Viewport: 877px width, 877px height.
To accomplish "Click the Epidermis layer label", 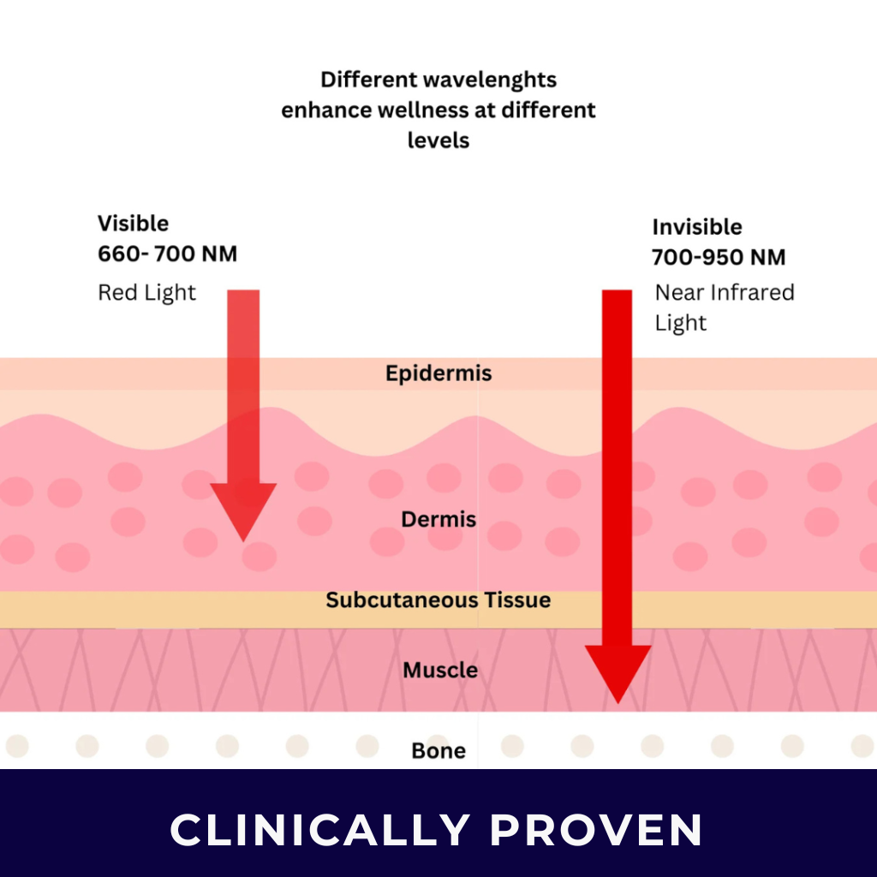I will pyautogui.click(x=438, y=374).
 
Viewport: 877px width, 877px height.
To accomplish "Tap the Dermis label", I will pyautogui.click(x=438, y=519).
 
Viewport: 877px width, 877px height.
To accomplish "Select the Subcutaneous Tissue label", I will pyautogui.click(x=438, y=600).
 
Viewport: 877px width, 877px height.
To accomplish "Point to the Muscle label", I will pyautogui.click(x=440, y=670).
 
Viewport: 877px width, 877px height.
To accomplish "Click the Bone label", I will pyautogui.click(x=438, y=751).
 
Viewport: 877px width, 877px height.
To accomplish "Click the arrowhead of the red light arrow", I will pyautogui.click(x=243, y=510).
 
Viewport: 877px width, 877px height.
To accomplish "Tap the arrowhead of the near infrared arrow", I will pyautogui.click(x=617, y=672).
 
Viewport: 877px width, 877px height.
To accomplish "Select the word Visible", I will pyautogui.click(x=133, y=224).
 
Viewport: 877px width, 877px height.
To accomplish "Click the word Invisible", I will pyautogui.click(x=697, y=228).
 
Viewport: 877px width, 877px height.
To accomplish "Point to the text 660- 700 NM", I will pyautogui.click(x=167, y=254).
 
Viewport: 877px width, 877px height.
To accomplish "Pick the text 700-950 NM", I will pyautogui.click(x=719, y=258).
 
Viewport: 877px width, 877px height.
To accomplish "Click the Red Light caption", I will pyautogui.click(x=146, y=293).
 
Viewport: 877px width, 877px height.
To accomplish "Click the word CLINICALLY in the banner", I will pyautogui.click(x=319, y=829).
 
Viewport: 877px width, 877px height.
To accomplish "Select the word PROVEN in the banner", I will pyautogui.click(x=596, y=829).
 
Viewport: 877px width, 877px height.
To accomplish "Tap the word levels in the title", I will pyautogui.click(x=438, y=140).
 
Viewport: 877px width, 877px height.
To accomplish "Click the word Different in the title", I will pyautogui.click(x=359, y=81).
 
